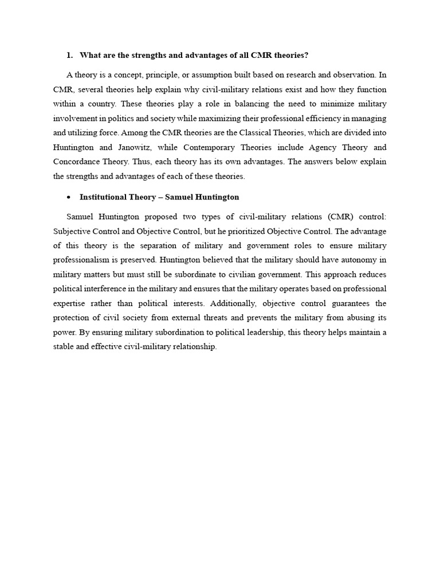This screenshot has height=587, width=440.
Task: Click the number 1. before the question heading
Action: pyautogui.click(x=69, y=55)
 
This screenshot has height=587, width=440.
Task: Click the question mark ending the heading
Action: pyautogui.click(x=307, y=55)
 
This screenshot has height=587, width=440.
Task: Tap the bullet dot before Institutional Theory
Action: pyautogui.click(x=69, y=197)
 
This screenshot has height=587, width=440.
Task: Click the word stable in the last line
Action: pyautogui.click(x=64, y=346)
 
